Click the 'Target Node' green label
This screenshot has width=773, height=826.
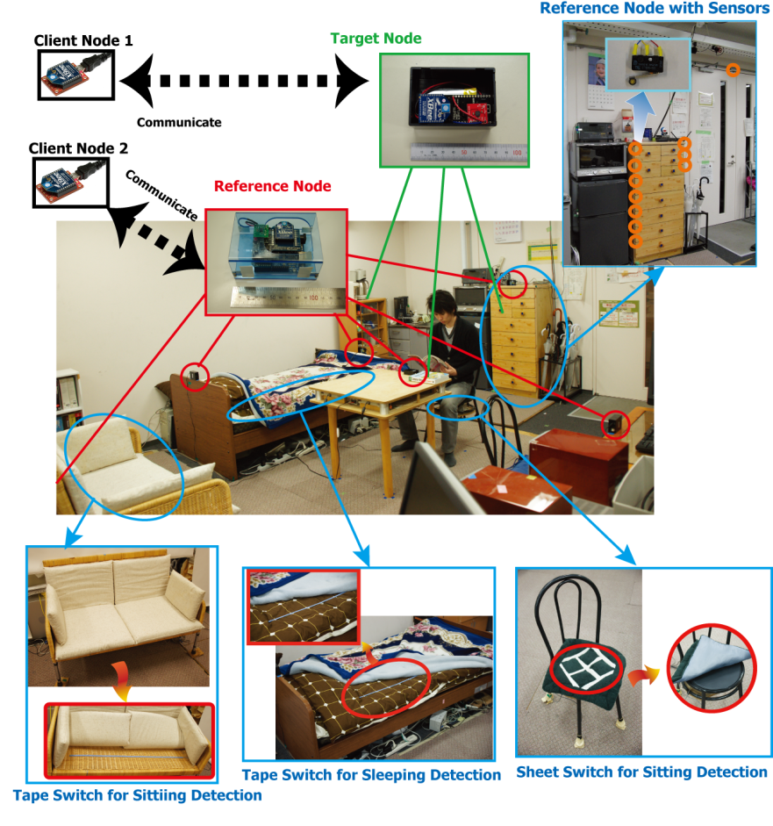point(376,39)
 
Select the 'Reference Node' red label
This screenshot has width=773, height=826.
point(273,186)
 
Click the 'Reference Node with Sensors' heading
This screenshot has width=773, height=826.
point(655,9)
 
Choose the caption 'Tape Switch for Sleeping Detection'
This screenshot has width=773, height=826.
point(371,775)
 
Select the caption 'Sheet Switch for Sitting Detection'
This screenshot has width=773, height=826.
point(641,772)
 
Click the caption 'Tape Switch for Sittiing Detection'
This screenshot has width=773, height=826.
point(137,796)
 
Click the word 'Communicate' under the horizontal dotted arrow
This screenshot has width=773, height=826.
point(179,123)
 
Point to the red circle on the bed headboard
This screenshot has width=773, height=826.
point(194,377)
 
